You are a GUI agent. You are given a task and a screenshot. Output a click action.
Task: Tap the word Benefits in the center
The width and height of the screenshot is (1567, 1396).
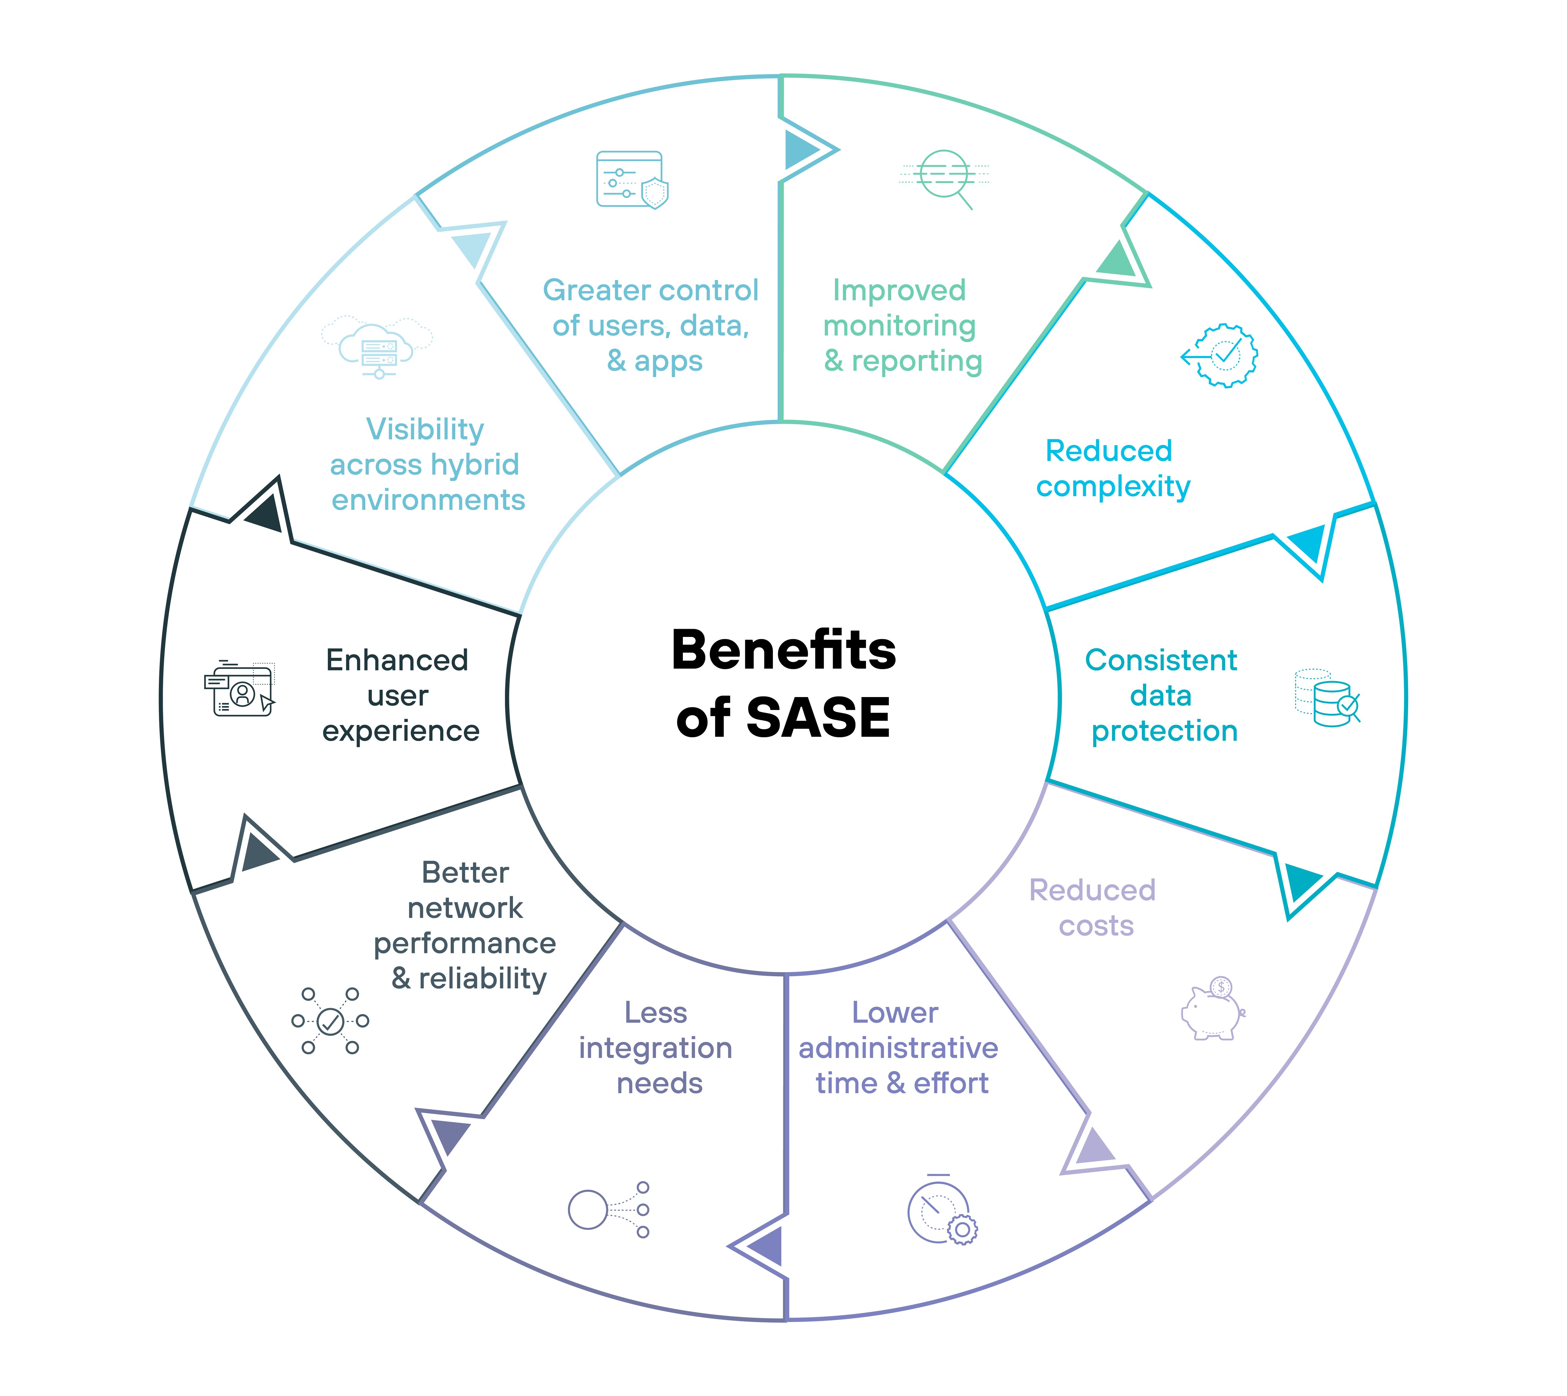[x=783, y=650]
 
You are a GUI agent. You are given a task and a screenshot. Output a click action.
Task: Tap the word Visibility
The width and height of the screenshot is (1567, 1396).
[x=425, y=430]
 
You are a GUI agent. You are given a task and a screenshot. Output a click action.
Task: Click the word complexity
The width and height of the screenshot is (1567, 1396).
[x=1113, y=486]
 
